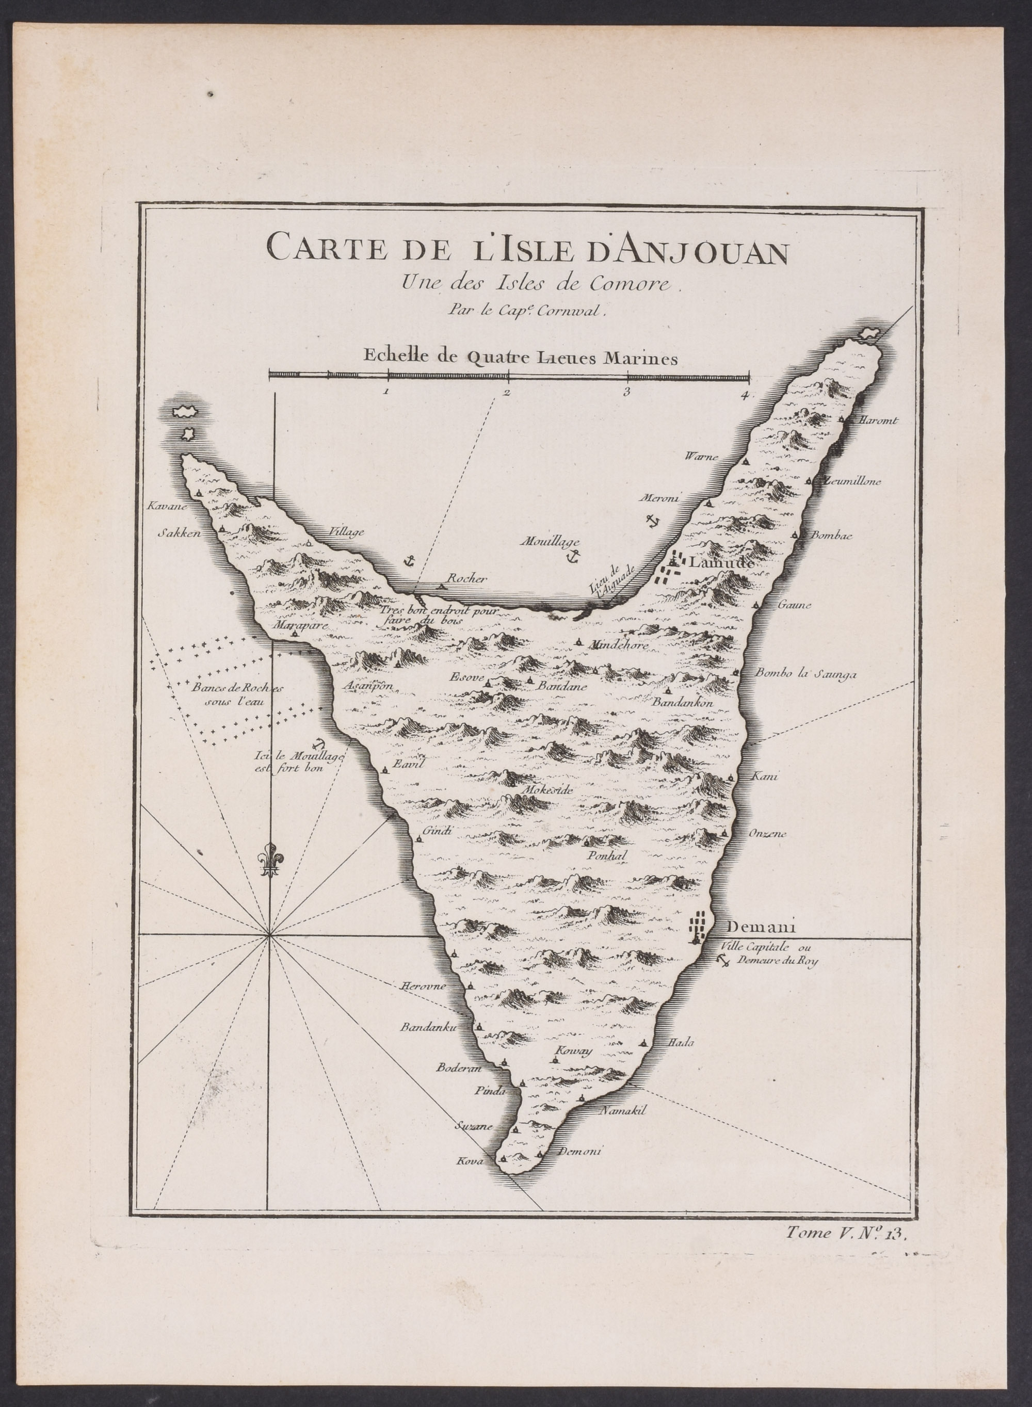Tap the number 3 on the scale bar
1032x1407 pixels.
(x=625, y=392)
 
